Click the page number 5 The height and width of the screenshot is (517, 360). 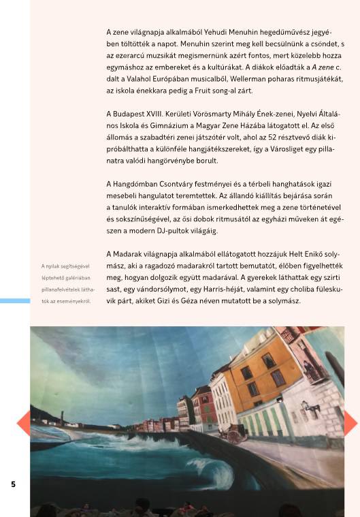(12, 484)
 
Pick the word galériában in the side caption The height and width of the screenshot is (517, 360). (79, 277)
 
